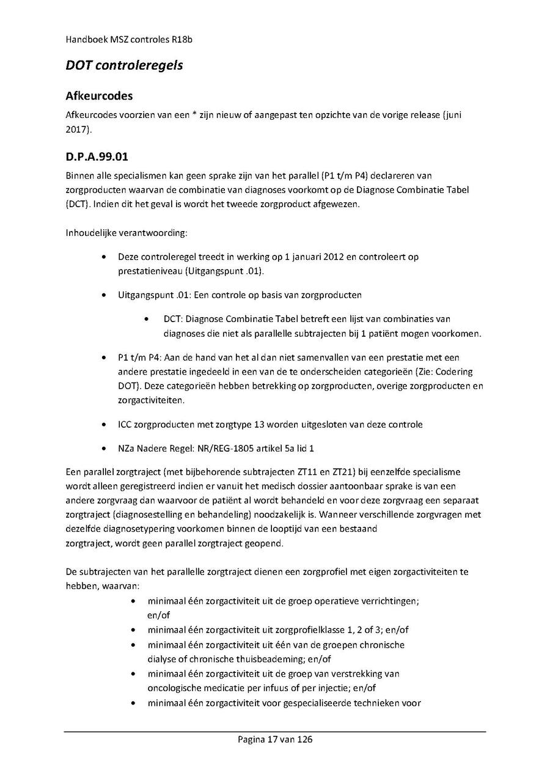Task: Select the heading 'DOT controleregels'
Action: point(124,65)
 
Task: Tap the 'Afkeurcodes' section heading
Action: point(99,97)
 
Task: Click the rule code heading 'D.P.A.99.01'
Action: point(97,158)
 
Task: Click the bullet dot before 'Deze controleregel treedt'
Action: point(107,257)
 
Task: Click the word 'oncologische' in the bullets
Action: point(173,688)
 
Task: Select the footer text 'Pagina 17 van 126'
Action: point(275,740)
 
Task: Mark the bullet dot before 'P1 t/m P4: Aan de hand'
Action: point(107,357)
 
